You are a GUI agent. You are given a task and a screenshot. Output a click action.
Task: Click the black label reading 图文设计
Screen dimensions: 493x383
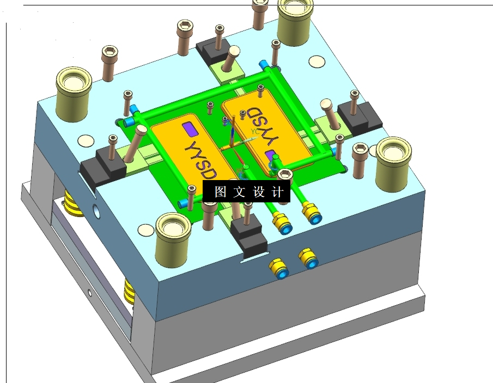[x=246, y=191]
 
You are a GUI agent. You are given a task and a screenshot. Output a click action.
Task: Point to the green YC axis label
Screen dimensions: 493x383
[x=255, y=131]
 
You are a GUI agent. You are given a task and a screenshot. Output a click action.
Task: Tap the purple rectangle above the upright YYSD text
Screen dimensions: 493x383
[x=190, y=129]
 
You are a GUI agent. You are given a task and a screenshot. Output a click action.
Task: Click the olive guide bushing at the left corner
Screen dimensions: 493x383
[x=74, y=94]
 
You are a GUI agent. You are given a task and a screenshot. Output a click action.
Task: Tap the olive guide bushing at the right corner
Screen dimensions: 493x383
[x=394, y=164]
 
